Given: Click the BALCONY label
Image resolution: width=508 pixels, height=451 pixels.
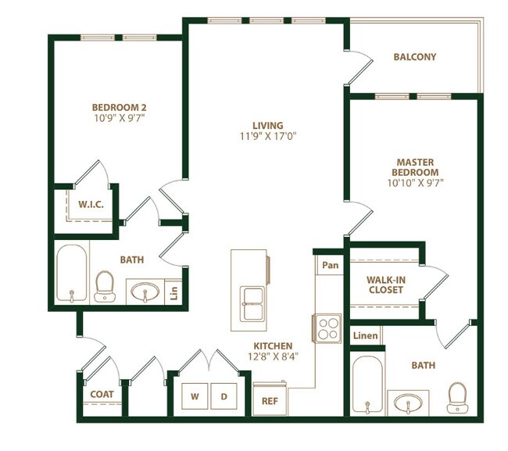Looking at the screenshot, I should (414, 57).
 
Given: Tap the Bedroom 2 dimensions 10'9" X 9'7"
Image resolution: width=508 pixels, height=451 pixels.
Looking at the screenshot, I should (120, 118).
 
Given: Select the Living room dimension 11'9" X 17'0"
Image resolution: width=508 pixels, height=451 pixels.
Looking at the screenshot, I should (267, 136).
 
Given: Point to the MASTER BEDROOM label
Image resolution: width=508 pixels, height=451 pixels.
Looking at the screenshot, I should (416, 167).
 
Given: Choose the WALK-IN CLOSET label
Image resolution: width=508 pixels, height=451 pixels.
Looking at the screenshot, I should (385, 285).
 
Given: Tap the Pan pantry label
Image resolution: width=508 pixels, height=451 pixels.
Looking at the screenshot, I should (331, 265).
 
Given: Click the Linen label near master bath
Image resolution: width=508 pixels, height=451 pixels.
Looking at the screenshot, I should (365, 336).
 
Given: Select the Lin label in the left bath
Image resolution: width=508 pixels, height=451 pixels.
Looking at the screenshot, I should (174, 294).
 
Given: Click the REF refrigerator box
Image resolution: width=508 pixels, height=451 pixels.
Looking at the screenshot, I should (270, 399).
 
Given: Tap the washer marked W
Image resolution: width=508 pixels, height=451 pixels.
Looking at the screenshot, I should (196, 397).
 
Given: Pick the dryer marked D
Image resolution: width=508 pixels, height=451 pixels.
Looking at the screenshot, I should (224, 397).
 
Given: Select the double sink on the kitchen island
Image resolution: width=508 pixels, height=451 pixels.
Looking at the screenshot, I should (252, 302).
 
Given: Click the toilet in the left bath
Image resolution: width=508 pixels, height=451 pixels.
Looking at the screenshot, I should (104, 286).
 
